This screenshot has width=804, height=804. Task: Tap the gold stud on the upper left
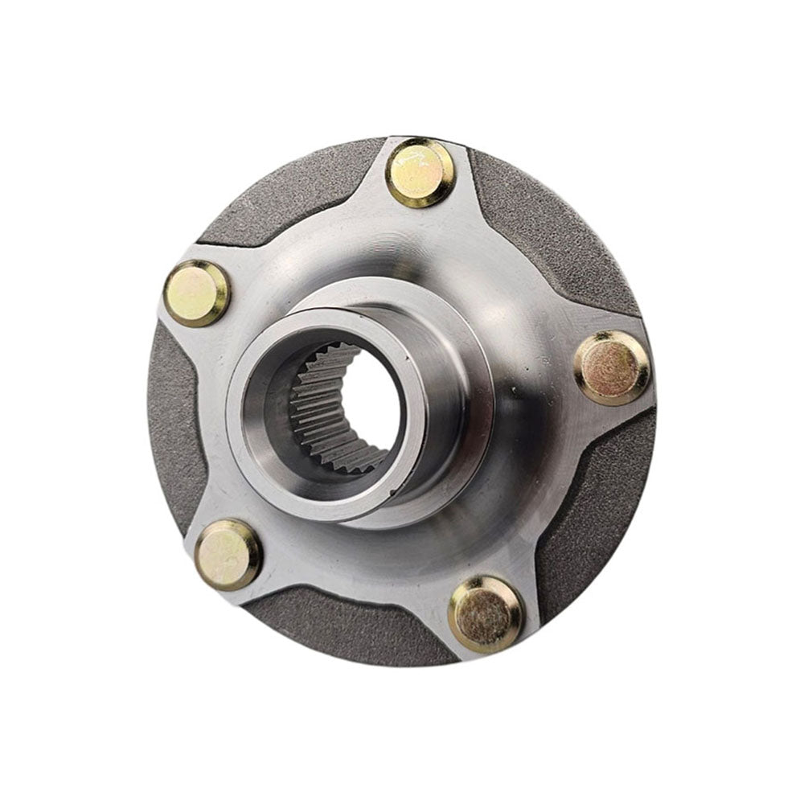pyautogui.click(x=197, y=293)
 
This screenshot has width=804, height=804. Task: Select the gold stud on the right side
pyautogui.click(x=613, y=367)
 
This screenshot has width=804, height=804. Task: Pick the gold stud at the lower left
pyautogui.click(x=228, y=554)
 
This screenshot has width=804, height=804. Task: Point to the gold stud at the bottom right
pyautogui.click(x=486, y=614)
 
